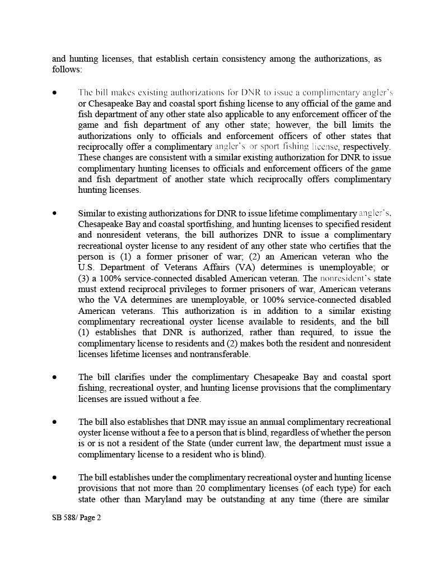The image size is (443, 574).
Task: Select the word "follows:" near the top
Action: coord(67,70)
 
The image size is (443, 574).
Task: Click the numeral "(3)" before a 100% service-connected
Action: coord(85,278)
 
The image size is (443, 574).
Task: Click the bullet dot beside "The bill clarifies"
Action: coord(54,377)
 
